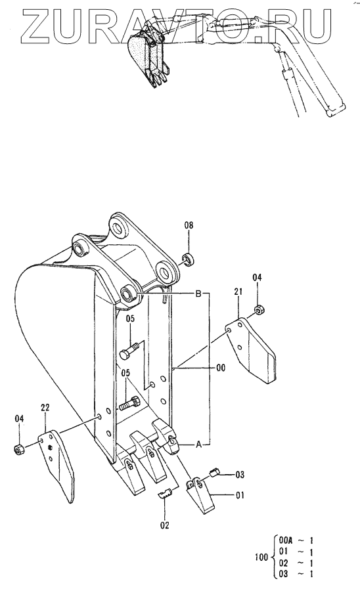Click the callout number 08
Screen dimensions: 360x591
pyautogui.click(x=189, y=225)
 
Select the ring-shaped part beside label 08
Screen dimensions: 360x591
pyautogui.click(x=188, y=259)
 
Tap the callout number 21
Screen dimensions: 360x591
pyautogui.click(x=238, y=292)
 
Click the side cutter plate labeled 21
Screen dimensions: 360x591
pyautogui.click(x=252, y=350)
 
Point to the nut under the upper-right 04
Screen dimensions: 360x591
pyautogui.click(x=259, y=310)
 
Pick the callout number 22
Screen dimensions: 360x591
pyautogui.click(x=45, y=407)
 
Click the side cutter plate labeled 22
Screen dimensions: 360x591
pyautogui.click(x=57, y=466)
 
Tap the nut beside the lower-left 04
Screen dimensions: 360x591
pyautogui.click(x=18, y=449)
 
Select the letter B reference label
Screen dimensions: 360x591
pyautogui.click(x=198, y=294)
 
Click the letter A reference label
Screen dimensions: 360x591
pyautogui.click(x=198, y=445)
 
